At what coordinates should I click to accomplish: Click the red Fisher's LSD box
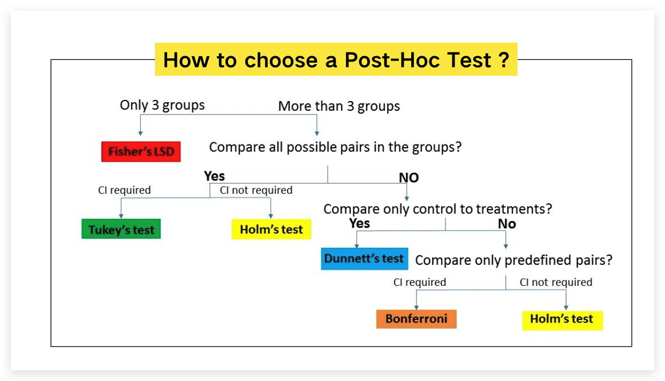tap(141, 151)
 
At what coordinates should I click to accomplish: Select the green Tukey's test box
tap(121, 229)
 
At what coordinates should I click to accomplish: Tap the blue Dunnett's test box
tap(365, 259)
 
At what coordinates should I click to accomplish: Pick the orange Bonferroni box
tap(416, 319)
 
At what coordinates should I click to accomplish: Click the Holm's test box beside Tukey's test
tap(271, 229)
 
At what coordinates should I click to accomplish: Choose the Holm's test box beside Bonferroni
tap(563, 320)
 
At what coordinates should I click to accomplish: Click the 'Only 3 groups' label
tap(162, 105)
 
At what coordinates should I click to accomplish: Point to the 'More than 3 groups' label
tap(339, 106)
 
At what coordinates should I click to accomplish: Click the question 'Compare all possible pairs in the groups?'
tap(336, 147)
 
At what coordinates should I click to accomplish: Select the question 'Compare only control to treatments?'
tap(437, 209)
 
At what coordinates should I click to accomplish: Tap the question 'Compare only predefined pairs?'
tap(513, 260)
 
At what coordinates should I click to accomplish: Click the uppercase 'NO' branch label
tap(409, 178)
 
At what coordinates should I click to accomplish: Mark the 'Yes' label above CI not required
tap(214, 176)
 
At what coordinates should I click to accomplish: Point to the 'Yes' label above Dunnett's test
tap(359, 224)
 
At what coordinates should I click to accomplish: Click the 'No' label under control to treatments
tap(507, 224)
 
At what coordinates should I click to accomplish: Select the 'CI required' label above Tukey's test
tap(124, 190)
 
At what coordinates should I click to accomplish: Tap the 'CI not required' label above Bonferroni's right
tap(556, 282)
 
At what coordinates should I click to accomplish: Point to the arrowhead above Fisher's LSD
tap(140, 134)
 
